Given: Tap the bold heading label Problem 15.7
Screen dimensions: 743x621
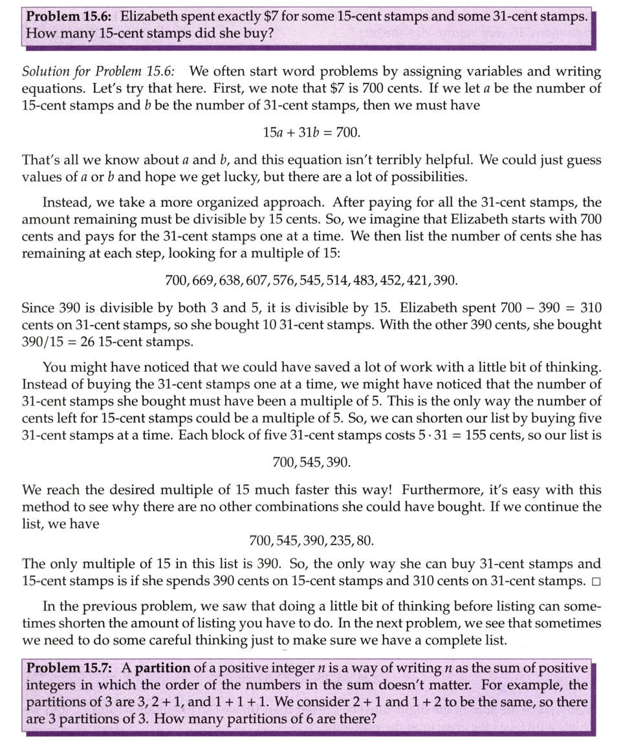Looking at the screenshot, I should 70,668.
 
